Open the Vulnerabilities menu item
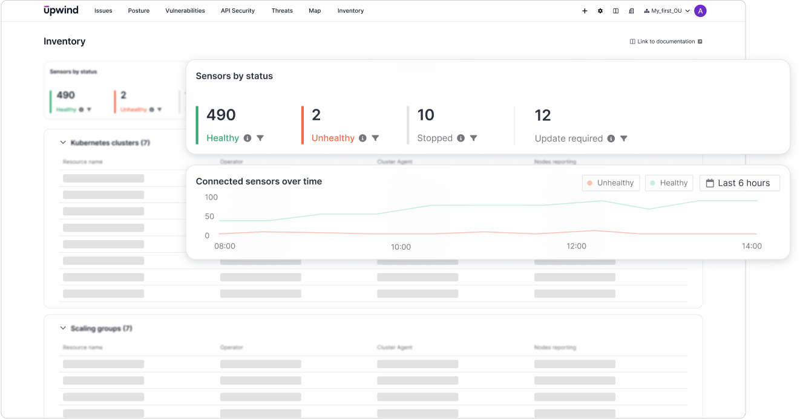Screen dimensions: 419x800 185,11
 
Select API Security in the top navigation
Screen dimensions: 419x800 238,11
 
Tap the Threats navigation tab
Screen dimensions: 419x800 282,11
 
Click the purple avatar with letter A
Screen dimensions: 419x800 700,11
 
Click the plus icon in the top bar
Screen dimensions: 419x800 585,11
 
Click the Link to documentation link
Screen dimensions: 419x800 666,42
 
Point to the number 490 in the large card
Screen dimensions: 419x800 221,115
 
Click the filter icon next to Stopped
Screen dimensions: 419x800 474,138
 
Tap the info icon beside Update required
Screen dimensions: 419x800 611,138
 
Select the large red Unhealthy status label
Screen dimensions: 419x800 333,138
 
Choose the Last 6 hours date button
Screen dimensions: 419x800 739,183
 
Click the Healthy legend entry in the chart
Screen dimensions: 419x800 669,183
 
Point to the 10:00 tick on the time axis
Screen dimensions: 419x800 401,247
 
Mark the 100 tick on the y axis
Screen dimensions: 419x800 211,197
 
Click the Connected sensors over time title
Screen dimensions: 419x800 258,181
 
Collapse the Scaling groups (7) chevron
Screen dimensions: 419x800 62,328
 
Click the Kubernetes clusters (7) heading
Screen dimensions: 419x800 110,143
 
